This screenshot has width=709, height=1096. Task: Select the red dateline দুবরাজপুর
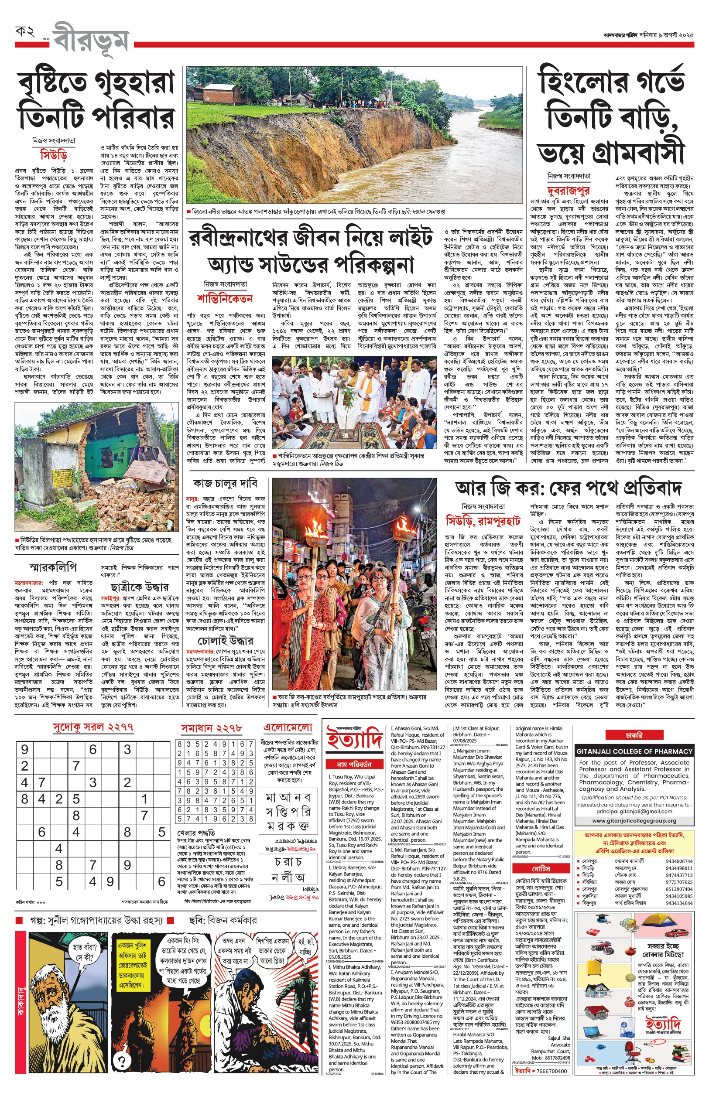click(568, 190)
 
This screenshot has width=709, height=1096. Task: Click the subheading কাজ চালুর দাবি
click(225, 483)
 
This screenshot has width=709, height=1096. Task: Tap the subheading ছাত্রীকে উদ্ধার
click(140, 587)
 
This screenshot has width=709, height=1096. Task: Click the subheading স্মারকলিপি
click(53, 567)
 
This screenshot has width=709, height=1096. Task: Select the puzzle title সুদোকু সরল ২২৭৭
click(93, 727)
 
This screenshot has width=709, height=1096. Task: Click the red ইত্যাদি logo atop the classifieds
click(354, 738)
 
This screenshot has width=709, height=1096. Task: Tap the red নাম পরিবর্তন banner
click(354, 764)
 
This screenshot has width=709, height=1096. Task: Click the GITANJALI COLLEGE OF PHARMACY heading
click(634, 751)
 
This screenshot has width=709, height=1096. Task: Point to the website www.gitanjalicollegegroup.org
click(634, 821)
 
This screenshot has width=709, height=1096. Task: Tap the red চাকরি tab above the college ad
click(634, 735)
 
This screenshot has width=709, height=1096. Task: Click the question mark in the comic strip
click(122, 1062)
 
